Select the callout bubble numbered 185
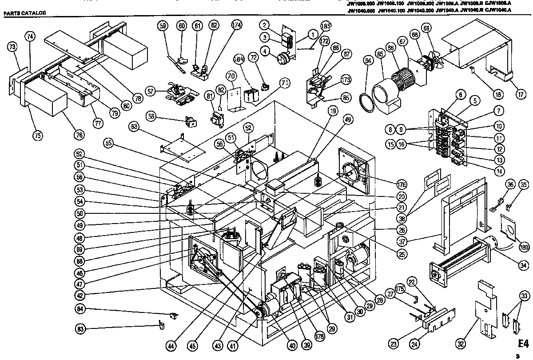coord(326,27)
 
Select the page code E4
coord(524,344)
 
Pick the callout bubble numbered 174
coord(236,26)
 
